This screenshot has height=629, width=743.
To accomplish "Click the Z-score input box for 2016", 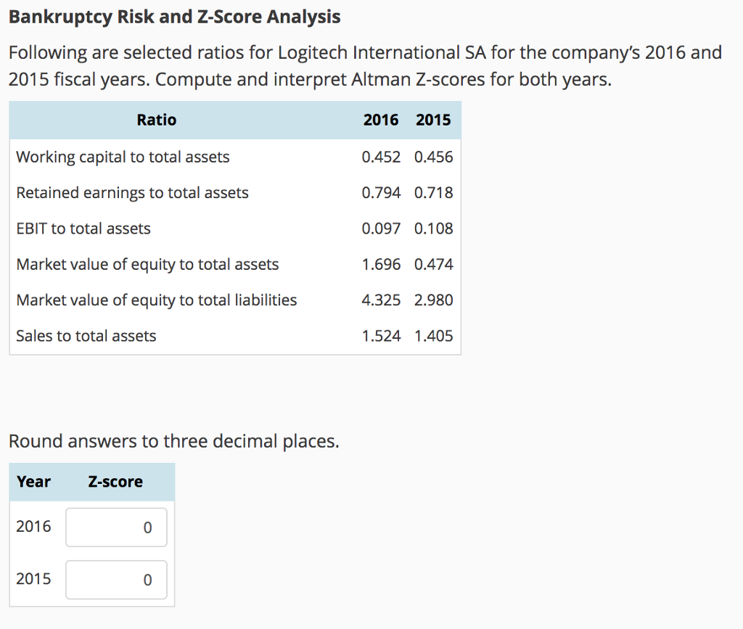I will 116,527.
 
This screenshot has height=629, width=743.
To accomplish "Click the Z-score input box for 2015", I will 116,580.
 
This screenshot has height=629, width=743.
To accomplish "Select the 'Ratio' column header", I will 156,120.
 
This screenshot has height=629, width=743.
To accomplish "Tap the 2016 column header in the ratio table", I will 381,120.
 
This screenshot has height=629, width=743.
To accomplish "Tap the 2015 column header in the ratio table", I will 433,120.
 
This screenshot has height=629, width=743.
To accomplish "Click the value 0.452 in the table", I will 381,157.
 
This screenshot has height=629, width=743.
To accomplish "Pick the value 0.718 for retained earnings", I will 433,193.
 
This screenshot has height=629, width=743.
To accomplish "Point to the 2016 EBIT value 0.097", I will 381,229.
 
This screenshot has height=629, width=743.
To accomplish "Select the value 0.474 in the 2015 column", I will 433,264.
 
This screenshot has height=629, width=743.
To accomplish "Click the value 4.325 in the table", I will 381,300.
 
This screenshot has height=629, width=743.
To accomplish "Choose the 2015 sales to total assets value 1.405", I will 433,336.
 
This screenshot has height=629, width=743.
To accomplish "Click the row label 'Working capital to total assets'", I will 123,157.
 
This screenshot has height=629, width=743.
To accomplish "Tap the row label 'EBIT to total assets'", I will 83,229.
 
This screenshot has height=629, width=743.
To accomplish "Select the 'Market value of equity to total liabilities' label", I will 156,300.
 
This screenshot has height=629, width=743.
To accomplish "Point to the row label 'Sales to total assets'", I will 86,336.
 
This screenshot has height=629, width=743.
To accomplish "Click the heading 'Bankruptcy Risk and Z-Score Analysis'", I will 174,17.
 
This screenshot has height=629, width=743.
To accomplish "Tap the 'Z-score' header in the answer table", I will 115,482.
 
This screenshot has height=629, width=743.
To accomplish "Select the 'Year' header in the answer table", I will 33,482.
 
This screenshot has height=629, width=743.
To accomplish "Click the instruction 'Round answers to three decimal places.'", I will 173,441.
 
